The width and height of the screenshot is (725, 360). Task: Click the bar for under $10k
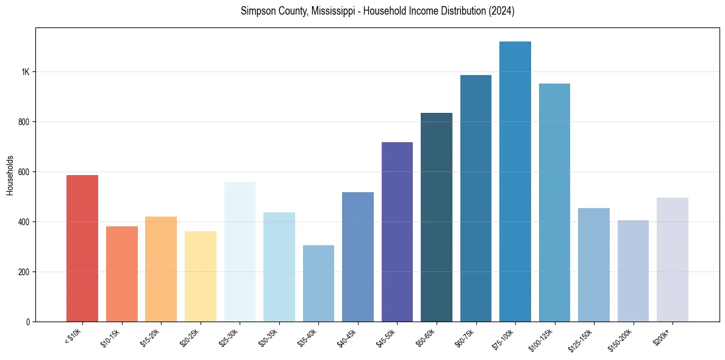pyautogui.click(x=82, y=248)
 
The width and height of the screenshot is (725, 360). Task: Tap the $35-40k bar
pyautogui.click(x=318, y=284)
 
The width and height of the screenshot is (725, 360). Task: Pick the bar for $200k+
pyautogui.click(x=673, y=259)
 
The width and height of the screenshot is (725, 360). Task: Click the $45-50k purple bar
pyautogui.click(x=397, y=232)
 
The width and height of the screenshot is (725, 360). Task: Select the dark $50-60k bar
pyautogui.click(x=437, y=217)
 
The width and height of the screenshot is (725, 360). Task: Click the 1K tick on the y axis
pyautogui.click(x=26, y=72)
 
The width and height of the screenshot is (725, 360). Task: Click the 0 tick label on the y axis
pyautogui.click(x=28, y=322)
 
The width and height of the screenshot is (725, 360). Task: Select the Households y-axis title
pyautogui.click(x=10, y=175)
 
